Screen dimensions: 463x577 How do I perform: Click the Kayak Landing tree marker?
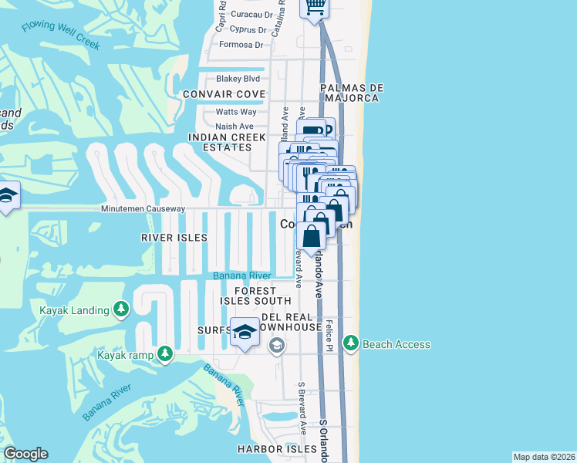(x=120, y=310)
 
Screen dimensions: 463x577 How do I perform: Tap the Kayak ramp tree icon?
(x=165, y=354)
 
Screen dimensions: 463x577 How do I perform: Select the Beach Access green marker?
(x=351, y=343)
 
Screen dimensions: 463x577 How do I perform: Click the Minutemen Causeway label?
(x=143, y=209)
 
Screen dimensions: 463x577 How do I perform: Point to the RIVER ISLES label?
(x=174, y=238)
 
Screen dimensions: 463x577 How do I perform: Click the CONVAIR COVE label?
(x=224, y=94)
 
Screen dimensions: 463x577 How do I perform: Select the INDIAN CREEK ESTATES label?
(x=221, y=142)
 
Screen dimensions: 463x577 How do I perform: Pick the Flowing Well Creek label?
(x=62, y=35)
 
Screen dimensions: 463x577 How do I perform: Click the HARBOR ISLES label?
(x=277, y=449)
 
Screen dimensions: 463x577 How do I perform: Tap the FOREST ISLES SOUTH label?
(x=256, y=296)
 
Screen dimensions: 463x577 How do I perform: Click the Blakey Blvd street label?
(x=238, y=79)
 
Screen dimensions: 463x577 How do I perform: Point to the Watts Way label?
(x=235, y=112)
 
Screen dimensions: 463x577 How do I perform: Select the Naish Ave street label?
(x=235, y=127)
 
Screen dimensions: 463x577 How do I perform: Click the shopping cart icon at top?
(x=314, y=7)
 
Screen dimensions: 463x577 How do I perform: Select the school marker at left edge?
(x=8, y=196)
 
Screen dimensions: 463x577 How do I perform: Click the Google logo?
(x=25, y=454)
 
